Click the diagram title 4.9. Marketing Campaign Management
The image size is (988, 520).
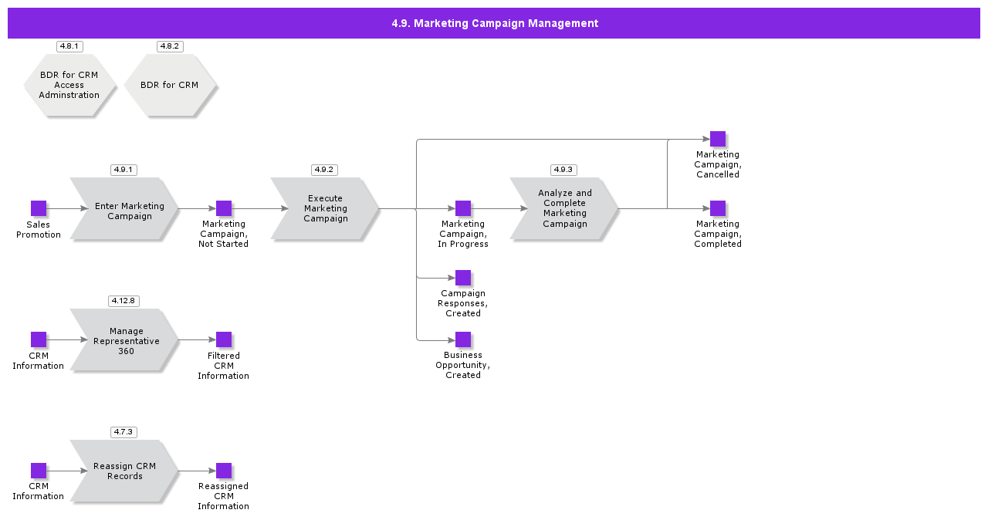click(x=494, y=23)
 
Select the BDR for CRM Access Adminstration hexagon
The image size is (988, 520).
click(x=69, y=85)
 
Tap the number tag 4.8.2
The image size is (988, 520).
click(x=170, y=46)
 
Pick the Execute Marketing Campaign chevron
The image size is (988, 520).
click(x=325, y=209)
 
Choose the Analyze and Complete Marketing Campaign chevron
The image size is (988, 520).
click(x=564, y=209)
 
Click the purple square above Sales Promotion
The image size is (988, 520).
click(x=39, y=208)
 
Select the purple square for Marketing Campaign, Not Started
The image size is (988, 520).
click(x=224, y=208)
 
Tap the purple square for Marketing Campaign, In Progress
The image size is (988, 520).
click(x=463, y=208)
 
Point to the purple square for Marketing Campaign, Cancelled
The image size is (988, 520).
click(x=718, y=139)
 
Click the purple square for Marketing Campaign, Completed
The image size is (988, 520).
click(x=718, y=208)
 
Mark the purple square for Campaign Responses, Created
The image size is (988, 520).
click(x=463, y=278)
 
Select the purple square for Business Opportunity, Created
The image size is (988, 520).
click(x=463, y=339)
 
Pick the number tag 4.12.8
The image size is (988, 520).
click(x=123, y=301)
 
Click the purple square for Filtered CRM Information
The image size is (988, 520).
click(x=224, y=339)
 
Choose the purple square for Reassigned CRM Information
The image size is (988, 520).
click(x=224, y=471)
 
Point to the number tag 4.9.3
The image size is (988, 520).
click(x=563, y=170)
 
